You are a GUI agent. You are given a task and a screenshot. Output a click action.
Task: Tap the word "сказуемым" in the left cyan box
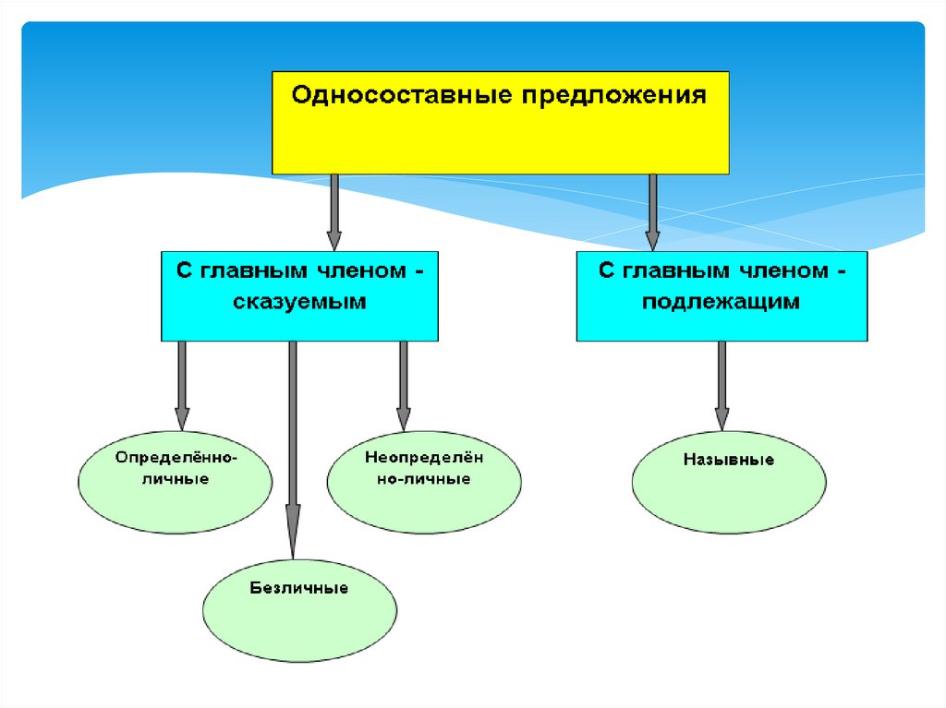299,302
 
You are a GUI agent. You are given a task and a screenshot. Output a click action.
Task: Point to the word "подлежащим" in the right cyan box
722,302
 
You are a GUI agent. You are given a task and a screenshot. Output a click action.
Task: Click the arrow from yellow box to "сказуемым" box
334,211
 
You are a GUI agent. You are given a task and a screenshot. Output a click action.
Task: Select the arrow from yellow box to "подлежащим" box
652,211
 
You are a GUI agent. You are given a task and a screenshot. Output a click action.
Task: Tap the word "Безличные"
298,587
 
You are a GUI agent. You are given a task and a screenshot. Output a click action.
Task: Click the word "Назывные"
729,459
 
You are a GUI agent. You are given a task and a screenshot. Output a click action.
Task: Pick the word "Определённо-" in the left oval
176,457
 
